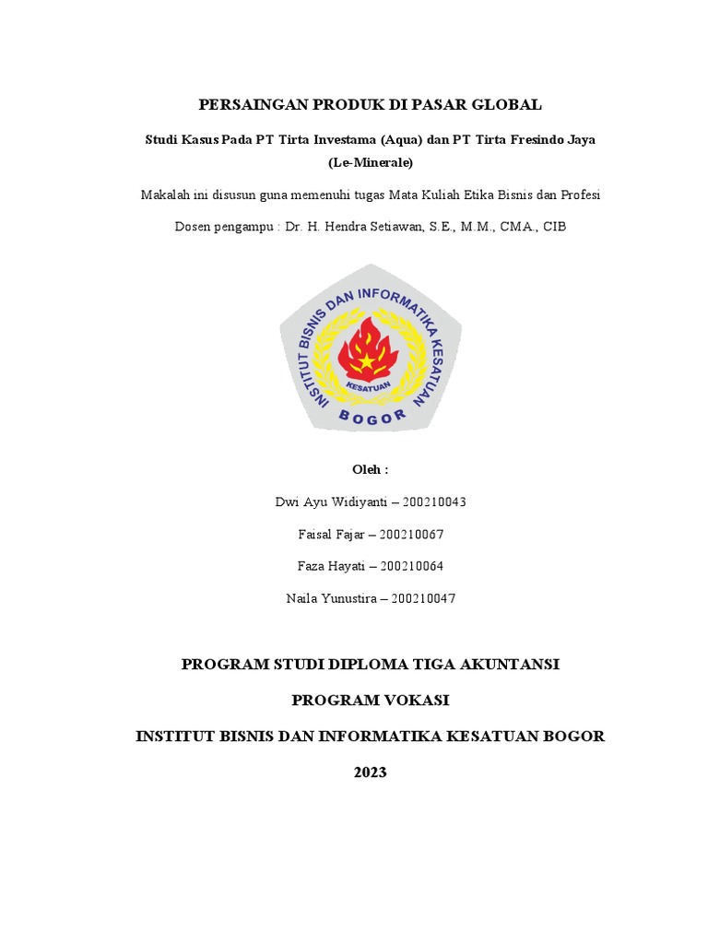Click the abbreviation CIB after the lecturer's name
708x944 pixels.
pyautogui.click(x=554, y=227)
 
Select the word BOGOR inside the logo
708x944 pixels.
pyautogui.click(x=372, y=417)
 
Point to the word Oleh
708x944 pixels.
pyautogui.click(x=370, y=469)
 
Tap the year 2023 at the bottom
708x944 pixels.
pyautogui.click(x=371, y=773)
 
